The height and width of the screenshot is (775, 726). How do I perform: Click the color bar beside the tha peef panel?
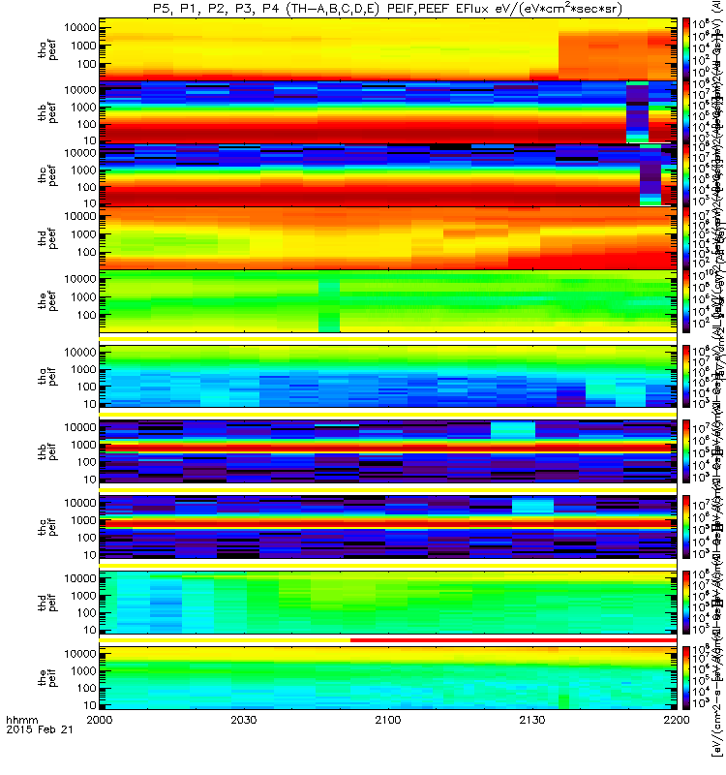pos(686,47)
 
